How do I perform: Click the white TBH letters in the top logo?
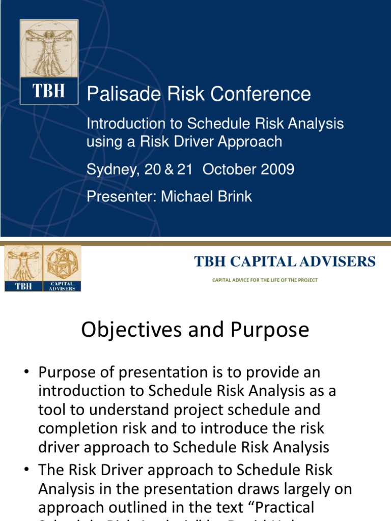click(x=49, y=91)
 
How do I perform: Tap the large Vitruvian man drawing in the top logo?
click(x=49, y=49)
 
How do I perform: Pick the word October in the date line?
click(x=230, y=169)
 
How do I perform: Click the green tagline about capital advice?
click(x=265, y=280)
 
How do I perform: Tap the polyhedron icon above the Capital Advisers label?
click(x=62, y=262)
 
